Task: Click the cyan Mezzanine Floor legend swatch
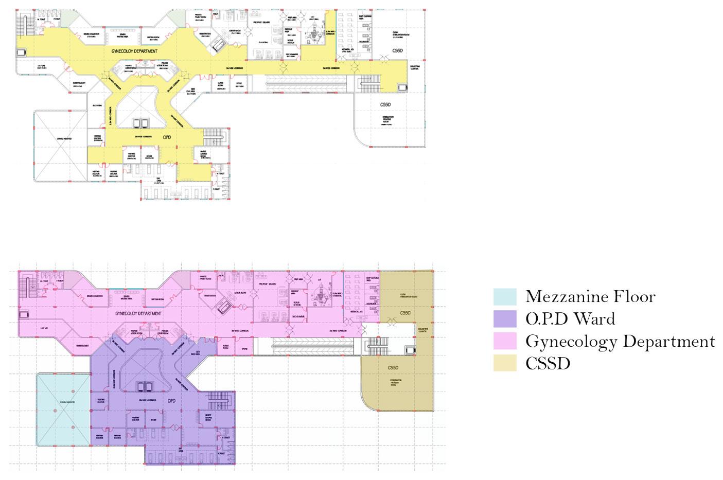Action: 504,297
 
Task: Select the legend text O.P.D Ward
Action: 570,319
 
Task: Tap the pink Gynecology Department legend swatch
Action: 504,341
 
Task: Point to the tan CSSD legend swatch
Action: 504,363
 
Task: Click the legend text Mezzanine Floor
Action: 590,297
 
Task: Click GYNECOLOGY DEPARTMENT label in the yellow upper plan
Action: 134,52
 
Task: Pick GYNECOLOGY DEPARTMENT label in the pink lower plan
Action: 138,313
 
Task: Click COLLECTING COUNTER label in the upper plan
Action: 415,68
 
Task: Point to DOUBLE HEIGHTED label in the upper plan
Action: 64,139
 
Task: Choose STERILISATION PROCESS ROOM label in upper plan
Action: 389,120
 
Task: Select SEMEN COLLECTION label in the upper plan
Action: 91,35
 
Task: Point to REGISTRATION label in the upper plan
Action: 205,35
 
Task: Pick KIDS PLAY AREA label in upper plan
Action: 190,93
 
